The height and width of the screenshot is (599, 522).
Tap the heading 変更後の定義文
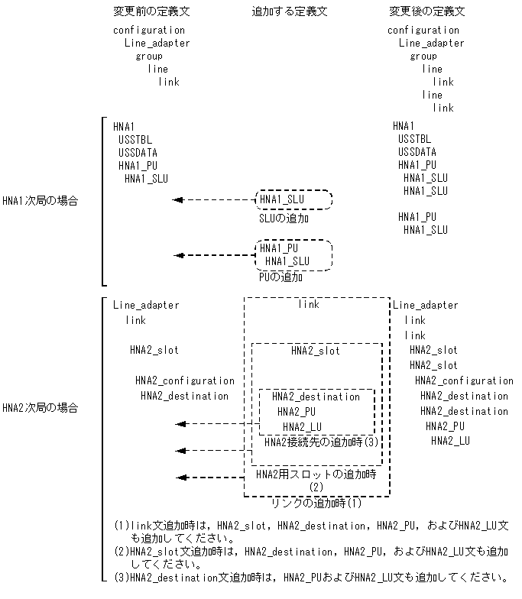tap(427, 11)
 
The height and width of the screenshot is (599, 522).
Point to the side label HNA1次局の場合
tap(40, 202)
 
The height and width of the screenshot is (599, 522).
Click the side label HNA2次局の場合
tap(40, 408)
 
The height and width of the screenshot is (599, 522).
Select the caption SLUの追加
tap(284, 219)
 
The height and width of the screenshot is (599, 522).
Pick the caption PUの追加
tap(280, 277)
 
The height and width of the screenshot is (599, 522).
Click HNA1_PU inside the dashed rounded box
tap(279, 248)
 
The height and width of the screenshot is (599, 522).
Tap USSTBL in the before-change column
tap(135, 139)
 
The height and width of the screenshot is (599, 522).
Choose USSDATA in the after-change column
tap(417, 152)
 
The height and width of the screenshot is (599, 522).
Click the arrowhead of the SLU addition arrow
tap(178, 200)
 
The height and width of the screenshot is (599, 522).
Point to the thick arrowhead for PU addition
tap(178, 256)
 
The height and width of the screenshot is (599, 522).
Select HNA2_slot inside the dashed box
tap(316, 351)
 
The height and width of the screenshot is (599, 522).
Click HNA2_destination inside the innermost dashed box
tap(316, 397)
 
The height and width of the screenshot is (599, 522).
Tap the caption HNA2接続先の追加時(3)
tap(322, 442)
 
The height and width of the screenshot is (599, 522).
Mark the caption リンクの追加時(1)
tap(316, 503)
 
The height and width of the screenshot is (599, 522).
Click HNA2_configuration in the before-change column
tap(185, 380)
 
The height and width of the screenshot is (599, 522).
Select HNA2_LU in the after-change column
tap(450, 441)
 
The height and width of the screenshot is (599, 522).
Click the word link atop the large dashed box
tap(309, 304)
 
